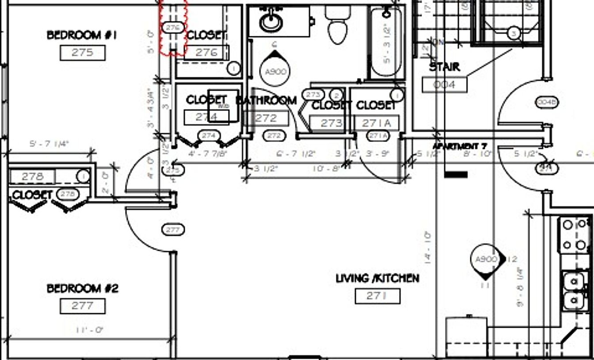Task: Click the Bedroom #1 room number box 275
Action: tap(83, 53)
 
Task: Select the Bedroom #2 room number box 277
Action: tap(83, 306)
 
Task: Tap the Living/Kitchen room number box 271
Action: tap(377, 296)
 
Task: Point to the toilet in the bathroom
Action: tap(338, 27)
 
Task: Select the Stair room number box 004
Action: tap(444, 84)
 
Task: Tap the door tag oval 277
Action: tap(173, 230)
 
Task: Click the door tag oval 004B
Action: tap(547, 102)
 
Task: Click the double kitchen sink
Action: tap(574, 290)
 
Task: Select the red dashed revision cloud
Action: tap(173, 28)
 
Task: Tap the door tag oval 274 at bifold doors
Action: tap(208, 135)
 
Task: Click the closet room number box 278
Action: tap(32, 176)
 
